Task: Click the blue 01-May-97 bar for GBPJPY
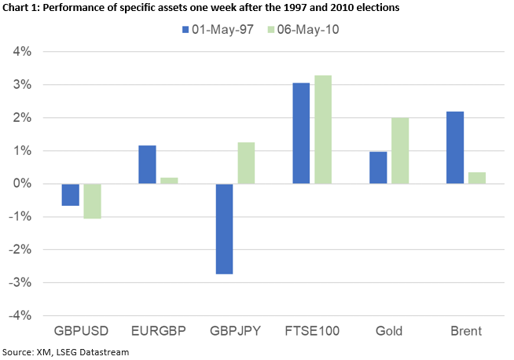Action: pos(224,229)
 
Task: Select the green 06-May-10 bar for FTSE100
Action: pos(322,130)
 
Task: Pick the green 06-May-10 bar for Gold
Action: pos(399,151)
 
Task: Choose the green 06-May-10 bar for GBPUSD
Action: pos(92,201)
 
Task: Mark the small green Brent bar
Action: pos(475,178)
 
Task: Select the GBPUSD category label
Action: pos(82,331)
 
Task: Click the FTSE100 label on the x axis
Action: pos(312,331)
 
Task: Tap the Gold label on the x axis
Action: pos(389,331)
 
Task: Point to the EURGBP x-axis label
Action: pos(158,331)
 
